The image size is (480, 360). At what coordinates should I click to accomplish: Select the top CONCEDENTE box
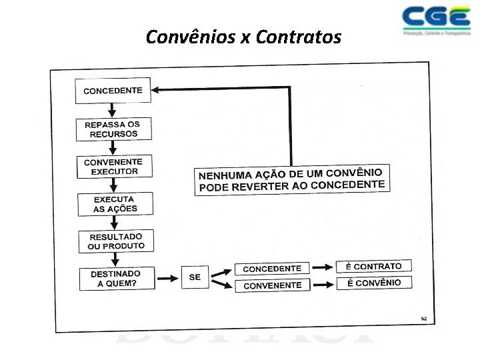[113, 91]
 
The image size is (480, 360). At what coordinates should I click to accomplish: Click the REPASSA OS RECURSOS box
[112, 129]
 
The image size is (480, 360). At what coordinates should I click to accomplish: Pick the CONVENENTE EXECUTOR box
[113, 167]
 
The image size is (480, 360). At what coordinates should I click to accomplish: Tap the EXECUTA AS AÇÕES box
[115, 204]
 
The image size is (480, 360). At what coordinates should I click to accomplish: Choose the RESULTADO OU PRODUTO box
[116, 241]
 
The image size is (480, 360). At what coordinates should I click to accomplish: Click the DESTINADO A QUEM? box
[117, 279]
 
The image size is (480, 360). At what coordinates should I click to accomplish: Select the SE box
[195, 277]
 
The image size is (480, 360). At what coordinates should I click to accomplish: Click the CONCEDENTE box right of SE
[272, 269]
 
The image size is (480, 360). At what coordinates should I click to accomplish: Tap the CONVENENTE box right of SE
[272, 285]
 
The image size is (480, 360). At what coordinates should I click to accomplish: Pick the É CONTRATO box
[373, 266]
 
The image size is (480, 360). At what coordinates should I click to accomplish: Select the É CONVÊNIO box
[373, 283]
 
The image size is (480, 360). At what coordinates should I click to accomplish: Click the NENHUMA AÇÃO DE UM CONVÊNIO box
[291, 179]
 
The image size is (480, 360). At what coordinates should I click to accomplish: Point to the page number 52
[423, 319]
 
